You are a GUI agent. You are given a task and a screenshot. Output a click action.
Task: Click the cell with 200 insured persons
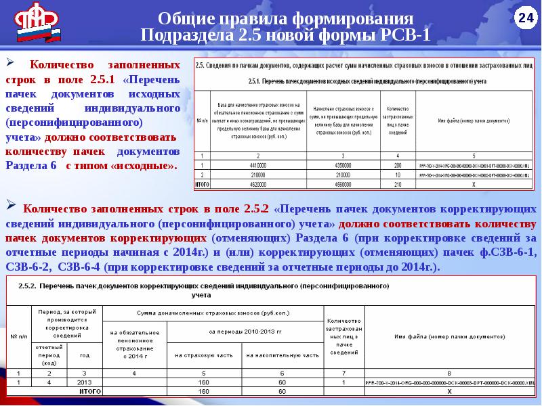[398, 164]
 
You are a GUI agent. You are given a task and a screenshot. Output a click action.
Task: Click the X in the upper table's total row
[474, 183]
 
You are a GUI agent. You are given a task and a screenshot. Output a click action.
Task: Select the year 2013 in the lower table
[85, 382]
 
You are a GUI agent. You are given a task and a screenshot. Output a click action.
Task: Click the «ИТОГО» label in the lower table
[85, 391]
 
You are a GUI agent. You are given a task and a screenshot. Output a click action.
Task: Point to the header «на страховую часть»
[203, 355]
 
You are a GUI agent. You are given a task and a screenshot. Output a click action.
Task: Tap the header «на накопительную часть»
[282, 355]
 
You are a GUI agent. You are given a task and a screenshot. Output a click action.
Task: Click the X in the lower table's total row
[446, 391]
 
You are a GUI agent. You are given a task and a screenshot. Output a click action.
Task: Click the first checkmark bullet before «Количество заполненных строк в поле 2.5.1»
[11, 63]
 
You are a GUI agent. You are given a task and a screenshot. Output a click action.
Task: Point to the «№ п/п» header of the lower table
[18, 336]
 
